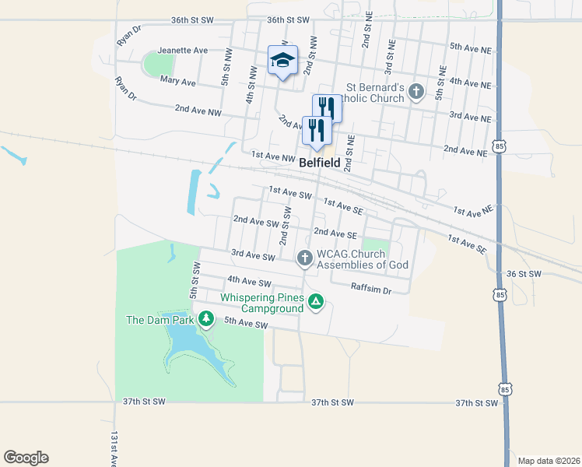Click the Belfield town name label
pyautogui.click(x=320, y=163)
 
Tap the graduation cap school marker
pyautogui.click(x=282, y=60)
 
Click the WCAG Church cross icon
pyautogui.click(x=304, y=257)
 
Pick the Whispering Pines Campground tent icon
pyautogui.click(x=315, y=302)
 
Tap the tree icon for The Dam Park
pyautogui.click(x=205, y=318)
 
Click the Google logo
pyautogui.click(x=26, y=458)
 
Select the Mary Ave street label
pyautogui.click(x=177, y=81)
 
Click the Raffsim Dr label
pyautogui.click(x=370, y=290)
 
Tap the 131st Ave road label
pyautogui.click(x=114, y=448)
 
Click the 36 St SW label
pyautogui.click(x=523, y=274)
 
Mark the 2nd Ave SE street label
pyautogui.click(x=335, y=233)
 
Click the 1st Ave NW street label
pyautogui.click(x=273, y=156)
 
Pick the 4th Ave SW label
pyautogui.click(x=248, y=281)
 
